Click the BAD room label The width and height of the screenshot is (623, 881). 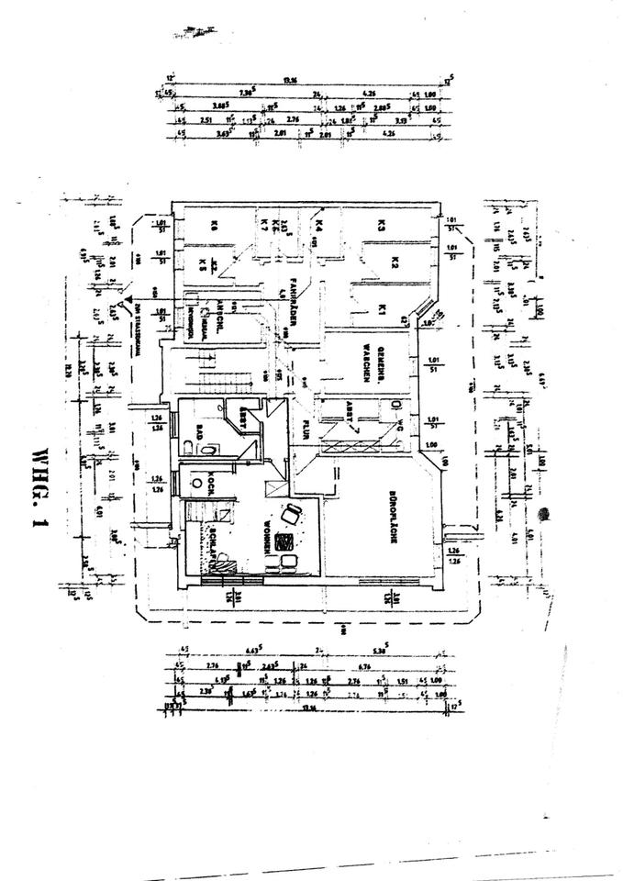(x=198, y=429)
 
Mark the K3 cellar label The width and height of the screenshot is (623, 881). (x=378, y=223)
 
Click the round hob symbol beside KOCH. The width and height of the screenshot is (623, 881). (x=195, y=479)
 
